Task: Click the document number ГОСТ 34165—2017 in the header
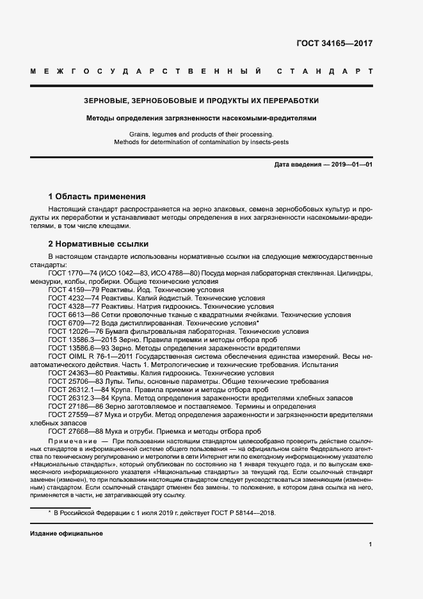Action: [334, 44]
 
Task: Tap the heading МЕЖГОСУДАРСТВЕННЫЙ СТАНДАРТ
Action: [202, 71]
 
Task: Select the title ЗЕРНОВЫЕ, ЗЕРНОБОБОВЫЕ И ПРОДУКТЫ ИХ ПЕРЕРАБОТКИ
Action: [202, 101]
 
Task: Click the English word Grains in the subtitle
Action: [140, 134]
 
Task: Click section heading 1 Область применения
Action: [97, 196]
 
